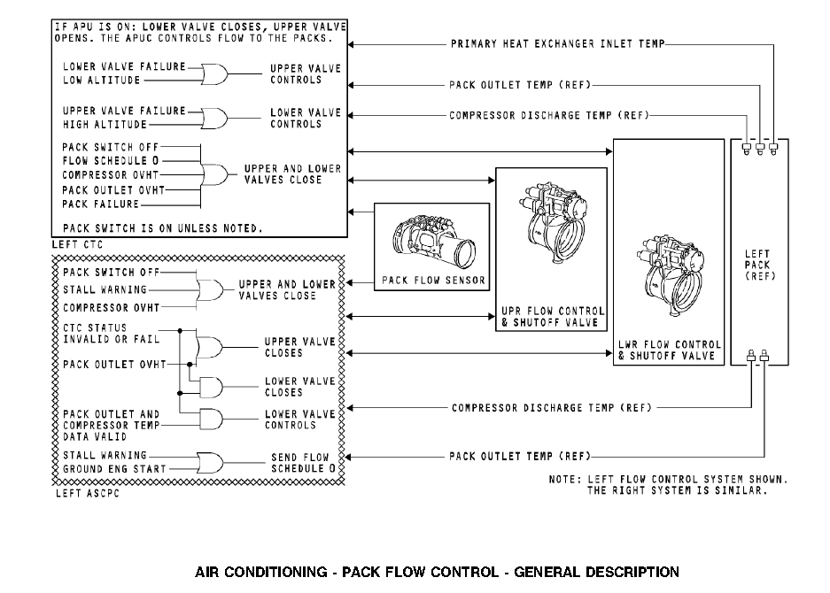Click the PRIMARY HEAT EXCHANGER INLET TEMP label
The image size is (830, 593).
pos(557,43)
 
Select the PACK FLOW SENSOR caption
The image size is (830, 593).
pos(433,281)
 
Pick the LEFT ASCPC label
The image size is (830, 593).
pos(87,493)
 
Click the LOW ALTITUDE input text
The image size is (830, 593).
pos(101,81)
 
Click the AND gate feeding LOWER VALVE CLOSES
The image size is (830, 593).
pos(213,387)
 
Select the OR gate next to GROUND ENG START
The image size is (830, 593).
pos(211,461)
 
